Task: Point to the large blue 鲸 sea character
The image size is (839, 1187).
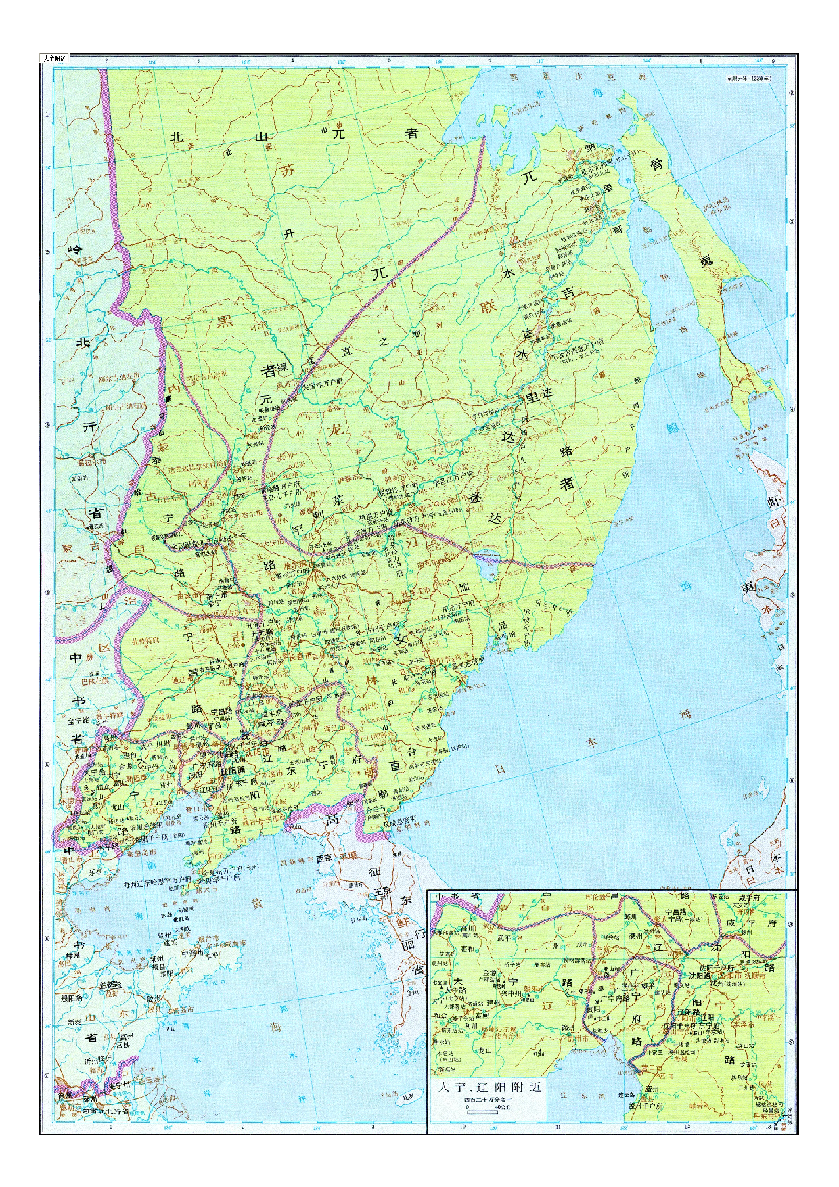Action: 675,428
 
